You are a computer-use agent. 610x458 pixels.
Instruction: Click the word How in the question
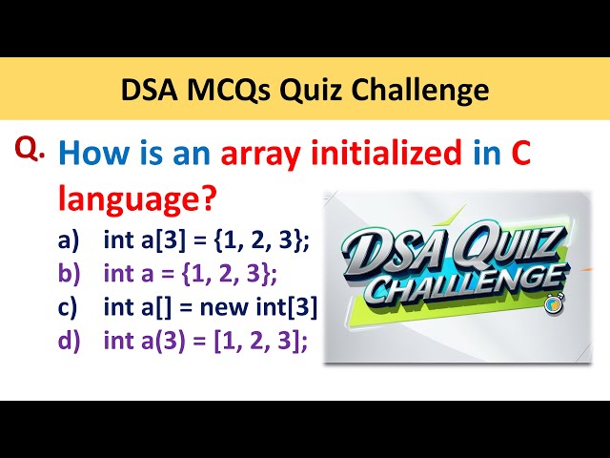coord(91,156)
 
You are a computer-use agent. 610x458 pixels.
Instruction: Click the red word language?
coord(136,200)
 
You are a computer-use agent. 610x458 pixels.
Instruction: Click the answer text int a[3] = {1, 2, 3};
coord(206,240)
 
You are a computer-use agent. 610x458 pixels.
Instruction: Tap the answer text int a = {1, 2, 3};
coord(190,275)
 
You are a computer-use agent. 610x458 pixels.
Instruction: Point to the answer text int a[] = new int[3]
coord(210,308)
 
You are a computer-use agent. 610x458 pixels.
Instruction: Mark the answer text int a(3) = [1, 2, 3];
coord(205,342)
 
